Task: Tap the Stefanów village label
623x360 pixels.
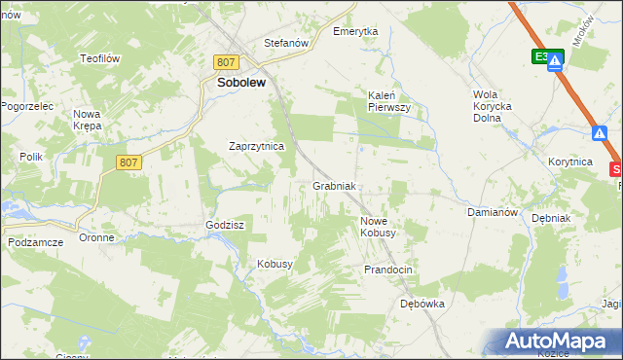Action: click(286, 44)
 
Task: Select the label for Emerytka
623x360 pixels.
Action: click(355, 31)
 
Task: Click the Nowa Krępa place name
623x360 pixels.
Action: click(89, 120)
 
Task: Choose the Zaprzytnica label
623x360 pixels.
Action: click(255, 146)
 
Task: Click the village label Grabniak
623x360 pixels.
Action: click(337, 186)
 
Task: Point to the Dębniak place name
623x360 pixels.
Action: click(551, 219)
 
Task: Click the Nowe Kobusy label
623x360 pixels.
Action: click(378, 227)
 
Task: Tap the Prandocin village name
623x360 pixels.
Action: click(389, 269)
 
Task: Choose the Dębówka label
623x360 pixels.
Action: click(422, 304)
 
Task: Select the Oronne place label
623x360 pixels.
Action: click(97, 238)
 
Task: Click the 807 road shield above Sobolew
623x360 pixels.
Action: click(227, 62)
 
